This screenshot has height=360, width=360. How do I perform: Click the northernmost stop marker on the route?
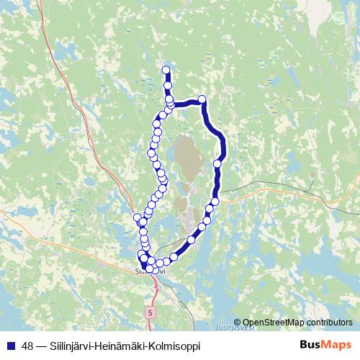pyautogui.click(x=166, y=71)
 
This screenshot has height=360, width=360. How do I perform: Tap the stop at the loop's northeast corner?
pyautogui.click(x=202, y=99)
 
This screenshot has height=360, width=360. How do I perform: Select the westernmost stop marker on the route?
pyautogui.click(x=138, y=217)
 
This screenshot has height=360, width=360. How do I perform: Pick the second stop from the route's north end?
pyautogui.click(x=168, y=86)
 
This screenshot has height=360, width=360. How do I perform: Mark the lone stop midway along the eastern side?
pyautogui.click(x=217, y=164)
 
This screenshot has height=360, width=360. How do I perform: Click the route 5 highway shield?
pyautogui.click(x=149, y=314)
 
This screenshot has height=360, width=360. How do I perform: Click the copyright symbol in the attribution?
pyautogui.click(x=238, y=323)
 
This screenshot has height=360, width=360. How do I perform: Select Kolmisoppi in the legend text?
pyautogui.click(x=177, y=346)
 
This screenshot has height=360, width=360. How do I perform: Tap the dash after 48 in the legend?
pyautogui.click(x=40, y=346)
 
